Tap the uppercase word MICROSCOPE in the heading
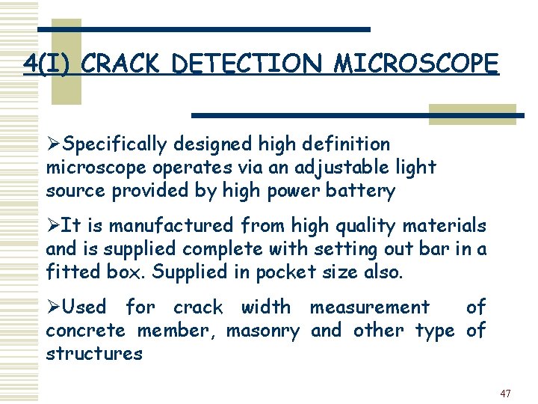pos(415,64)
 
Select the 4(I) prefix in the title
pos(49,64)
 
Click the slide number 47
pos(506,393)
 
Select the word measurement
pos(370,307)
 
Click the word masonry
pos(263,330)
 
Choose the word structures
pos(94,353)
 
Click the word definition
pos(347,144)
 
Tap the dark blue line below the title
pos(359,115)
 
